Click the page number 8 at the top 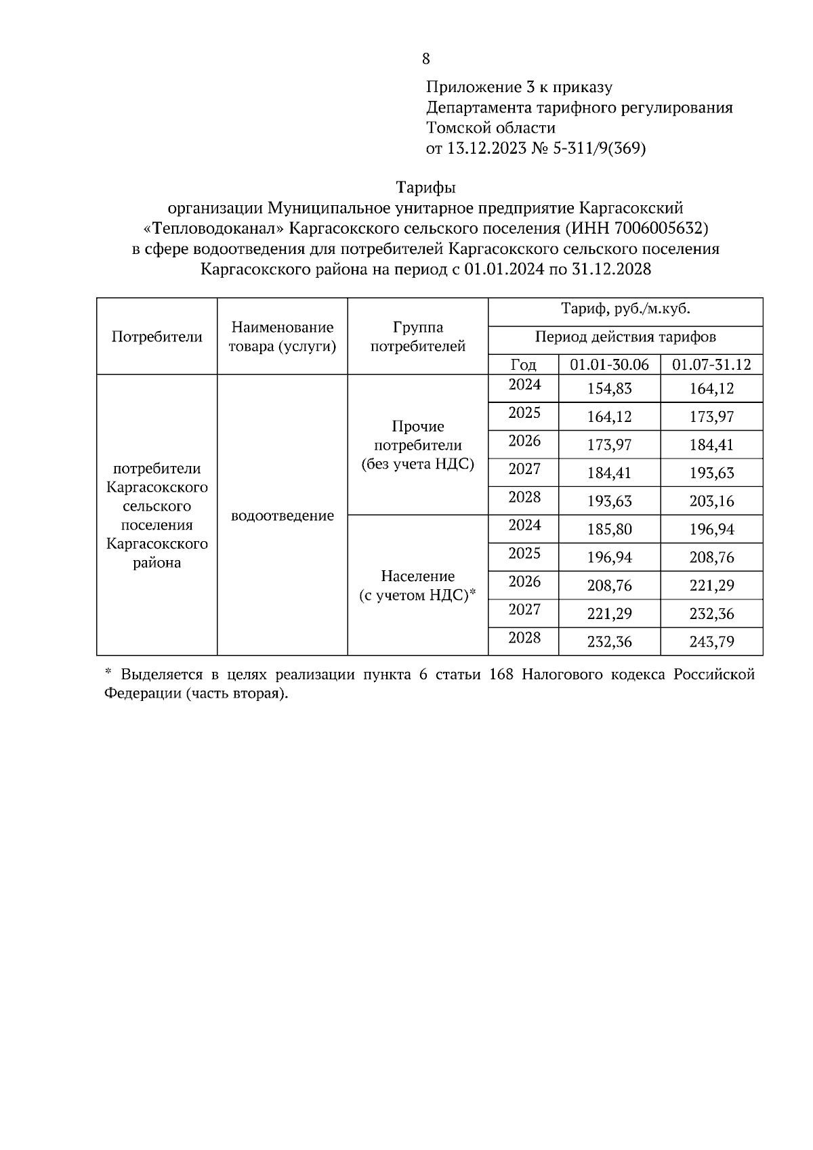click(x=425, y=59)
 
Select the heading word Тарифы click(x=425, y=187)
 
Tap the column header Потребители click(x=157, y=337)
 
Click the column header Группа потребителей click(x=418, y=337)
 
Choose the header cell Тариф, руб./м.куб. click(x=625, y=310)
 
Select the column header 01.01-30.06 click(x=609, y=365)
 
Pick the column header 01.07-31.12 click(x=711, y=365)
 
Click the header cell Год click(x=523, y=365)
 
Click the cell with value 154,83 click(x=609, y=389)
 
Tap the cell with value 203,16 click(x=711, y=501)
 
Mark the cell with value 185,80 click(x=609, y=529)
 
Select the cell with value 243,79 click(x=711, y=641)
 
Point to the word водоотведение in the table click(x=282, y=515)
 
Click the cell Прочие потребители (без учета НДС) click(x=418, y=445)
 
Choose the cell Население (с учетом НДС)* click(x=418, y=586)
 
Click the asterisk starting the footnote click(x=108, y=673)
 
